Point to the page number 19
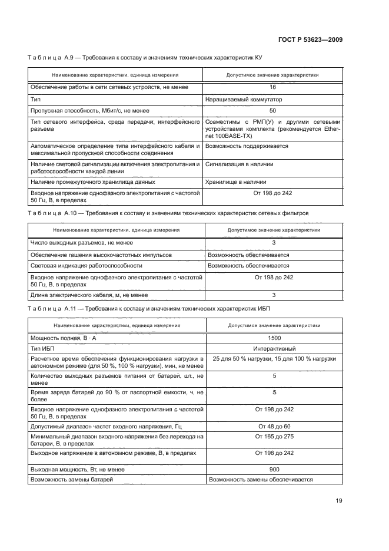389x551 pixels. (x=339, y=501)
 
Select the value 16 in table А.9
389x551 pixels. (x=272, y=87)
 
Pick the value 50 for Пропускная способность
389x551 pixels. (x=272, y=111)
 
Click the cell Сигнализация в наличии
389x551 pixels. (x=240, y=164)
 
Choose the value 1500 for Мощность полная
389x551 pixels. (x=274, y=338)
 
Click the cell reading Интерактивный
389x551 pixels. (x=274, y=349)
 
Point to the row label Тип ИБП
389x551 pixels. (x=41, y=349)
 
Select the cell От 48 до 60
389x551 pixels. (x=274, y=426)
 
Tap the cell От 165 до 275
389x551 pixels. (x=274, y=437)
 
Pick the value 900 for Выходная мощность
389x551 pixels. (x=274, y=470)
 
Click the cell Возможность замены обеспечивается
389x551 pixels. (x=261, y=480)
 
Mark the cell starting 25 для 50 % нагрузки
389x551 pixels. (x=274, y=359)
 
